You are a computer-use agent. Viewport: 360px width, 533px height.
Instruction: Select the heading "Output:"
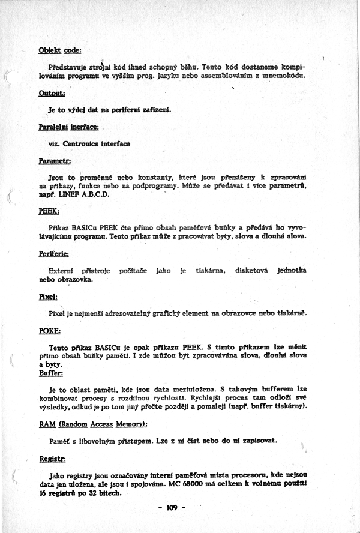[x=52, y=93]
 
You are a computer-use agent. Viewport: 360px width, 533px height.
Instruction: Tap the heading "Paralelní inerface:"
[x=68, y=127]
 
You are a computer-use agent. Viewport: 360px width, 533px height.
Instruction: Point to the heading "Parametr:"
[x=55, y=161]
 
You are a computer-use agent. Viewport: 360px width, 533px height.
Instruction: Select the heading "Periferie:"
[x=53, y=253]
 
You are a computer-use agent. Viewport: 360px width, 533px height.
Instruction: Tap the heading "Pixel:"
[x=47, y=297]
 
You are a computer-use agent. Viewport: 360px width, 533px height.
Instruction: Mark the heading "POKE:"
[x=49, y=331]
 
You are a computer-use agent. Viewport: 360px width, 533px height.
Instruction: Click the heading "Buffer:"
[x=50, y=373]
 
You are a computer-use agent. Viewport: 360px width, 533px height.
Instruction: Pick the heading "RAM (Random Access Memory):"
[x=92, y=424]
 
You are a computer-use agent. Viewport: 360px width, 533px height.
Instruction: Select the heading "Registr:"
[x=52, y=458]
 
